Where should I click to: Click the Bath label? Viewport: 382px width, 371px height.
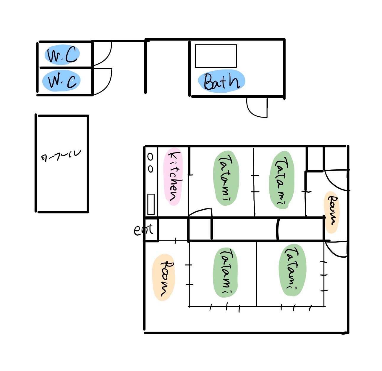coord(221,81)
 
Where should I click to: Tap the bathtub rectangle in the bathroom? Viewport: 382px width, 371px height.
coord(216,56)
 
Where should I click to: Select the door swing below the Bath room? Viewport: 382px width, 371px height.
coord(257,108)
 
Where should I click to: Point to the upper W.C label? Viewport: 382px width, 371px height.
coord(63,55)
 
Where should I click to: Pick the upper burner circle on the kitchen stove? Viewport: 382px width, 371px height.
coord(150,157)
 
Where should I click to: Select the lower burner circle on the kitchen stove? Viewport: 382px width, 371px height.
coord(150,169)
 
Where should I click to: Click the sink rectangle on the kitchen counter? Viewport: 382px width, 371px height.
coord(151,204)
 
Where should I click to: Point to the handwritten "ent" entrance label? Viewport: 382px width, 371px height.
coord(143,230)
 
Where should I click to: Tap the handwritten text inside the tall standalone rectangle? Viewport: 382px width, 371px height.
coord(61,156)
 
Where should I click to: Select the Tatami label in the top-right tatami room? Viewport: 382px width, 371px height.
coord(282,180)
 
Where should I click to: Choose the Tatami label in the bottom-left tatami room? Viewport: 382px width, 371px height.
coord(226,272)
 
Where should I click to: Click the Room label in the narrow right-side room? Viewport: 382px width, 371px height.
coord(332,212)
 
